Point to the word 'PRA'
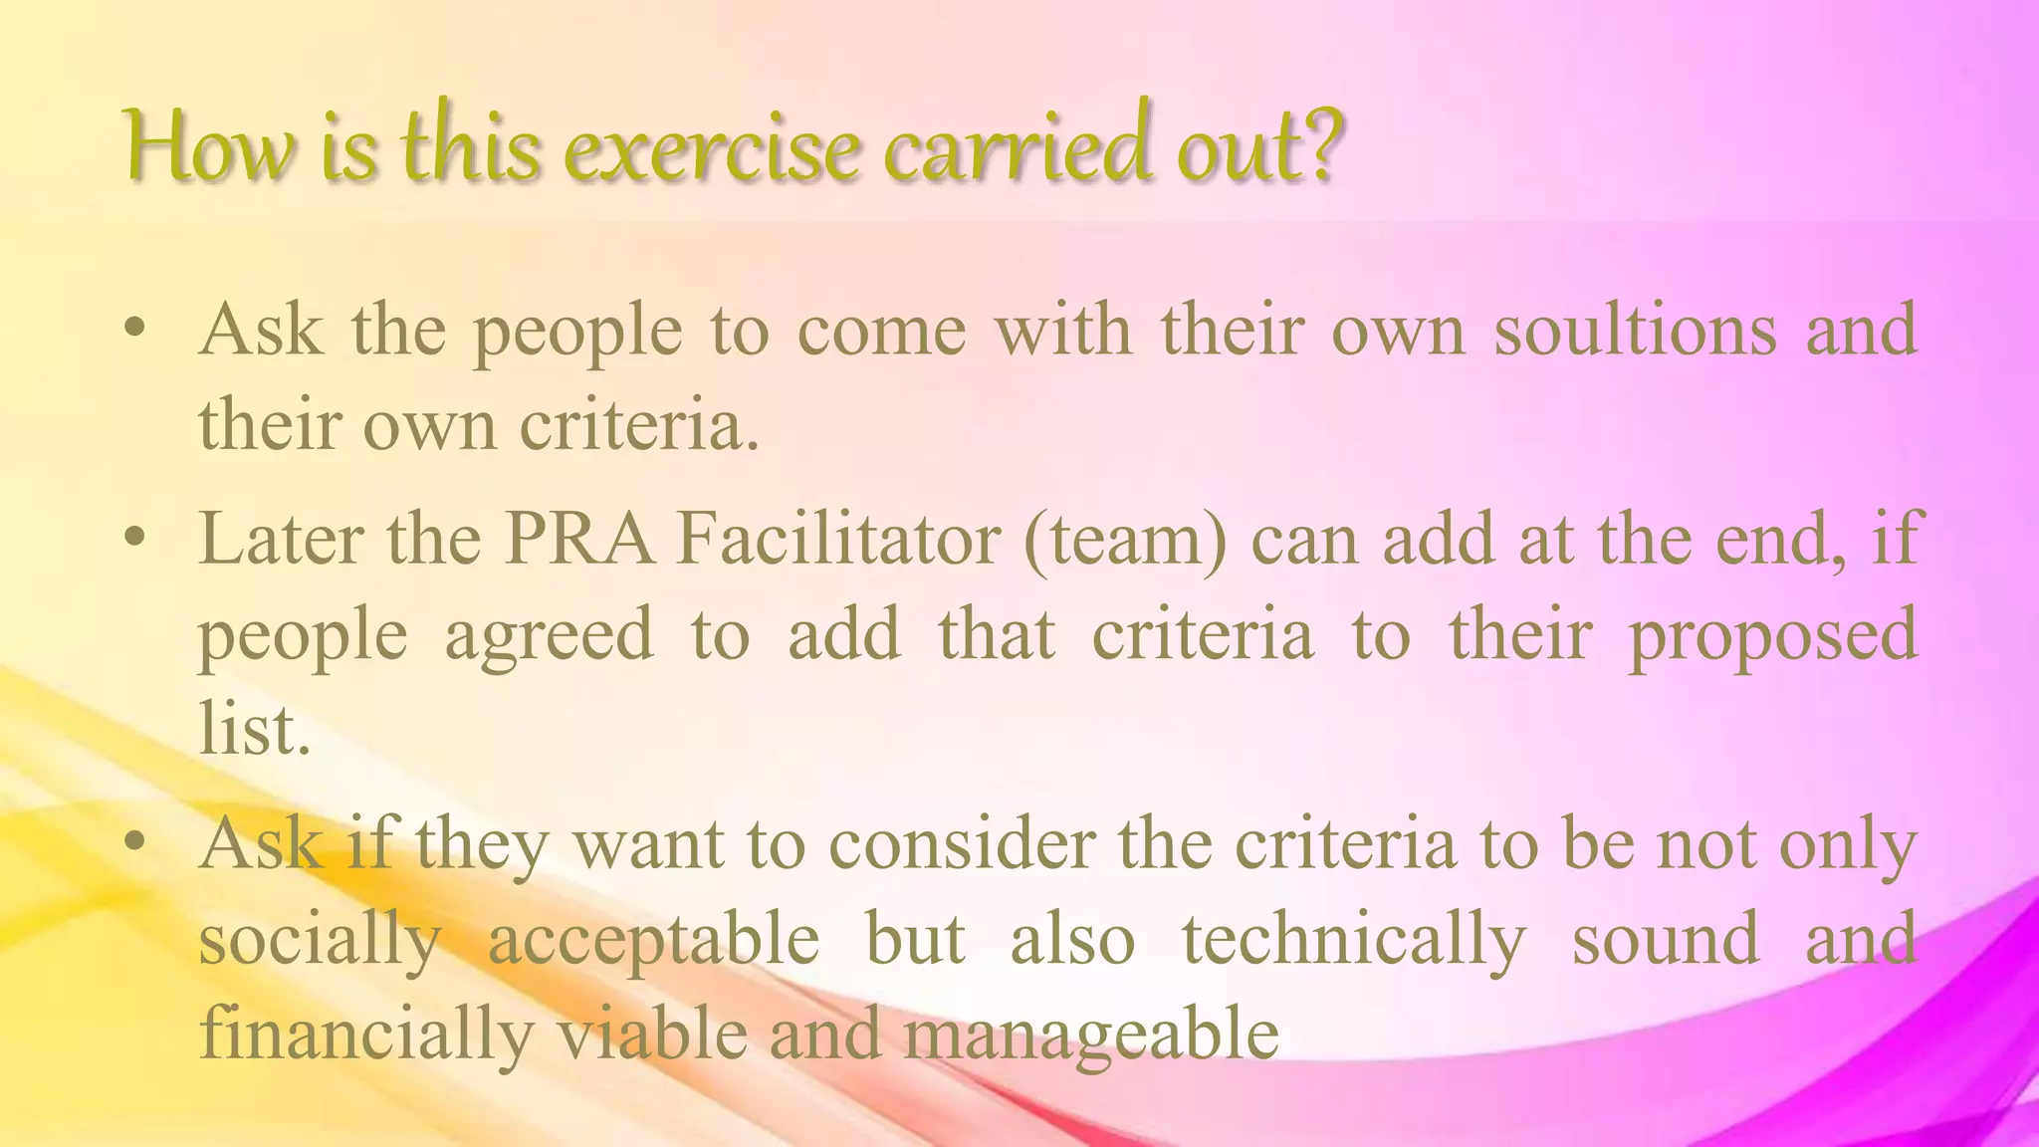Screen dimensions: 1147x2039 tap(579, 540)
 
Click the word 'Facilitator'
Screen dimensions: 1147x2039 tap(837, 540)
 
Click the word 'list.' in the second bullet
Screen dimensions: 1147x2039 tap(255, 730)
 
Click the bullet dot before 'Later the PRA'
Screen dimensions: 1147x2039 tap(136, 540)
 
